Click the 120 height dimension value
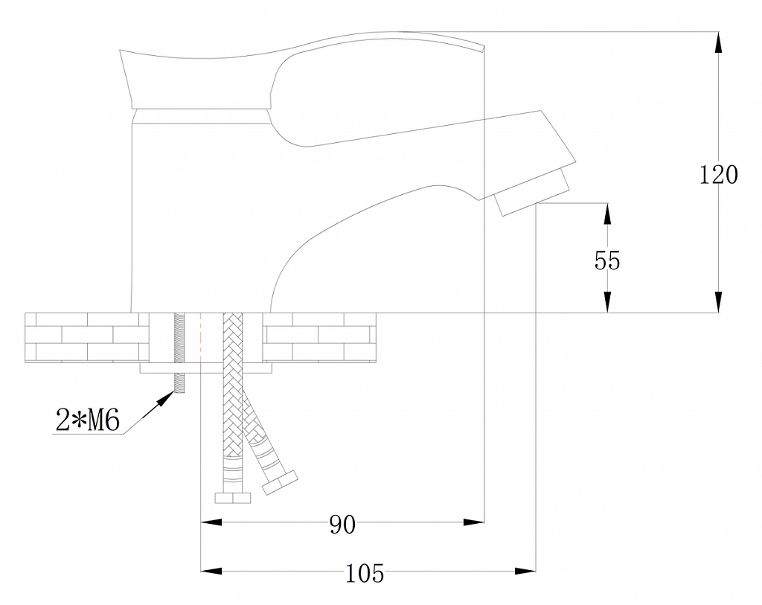(x=718, y=174)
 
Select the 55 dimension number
(x=607, y=260)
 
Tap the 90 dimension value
(x=342, y=525)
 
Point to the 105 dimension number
(x=365, y=574)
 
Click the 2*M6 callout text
(x=88, y=420)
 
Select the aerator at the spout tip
(x=531, y=191)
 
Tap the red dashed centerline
(x=201, y=338)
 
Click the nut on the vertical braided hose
(x=233, y=498)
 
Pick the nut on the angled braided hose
(x=280, y=482)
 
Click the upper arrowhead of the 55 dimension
(x=607, y=213)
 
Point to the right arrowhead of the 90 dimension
(x=474, y=522)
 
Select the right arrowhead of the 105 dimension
(x=525, y=571)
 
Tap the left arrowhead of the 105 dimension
(x=211, y=571)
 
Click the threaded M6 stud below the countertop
(x=179, y=383)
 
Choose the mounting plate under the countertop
(x=205, y=368)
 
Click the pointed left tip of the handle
(x=120, y=50)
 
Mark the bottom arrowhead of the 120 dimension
(x=718, y=302)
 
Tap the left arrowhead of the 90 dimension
(x=211, y=522)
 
